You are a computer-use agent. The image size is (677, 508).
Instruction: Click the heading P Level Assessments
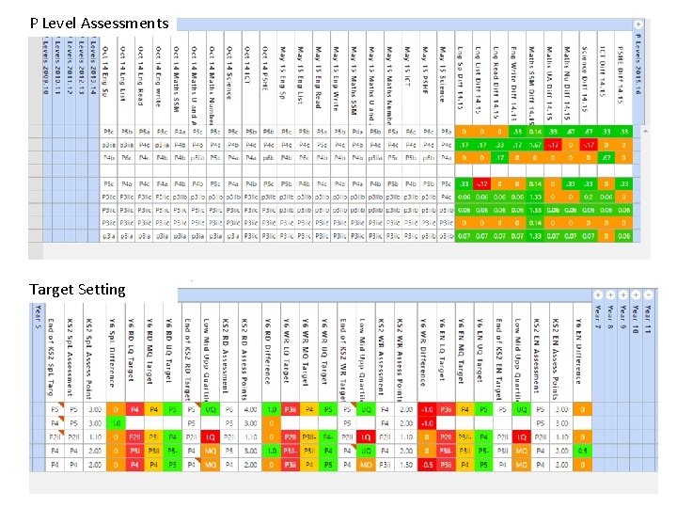pyautogui.click(x=100, y=23)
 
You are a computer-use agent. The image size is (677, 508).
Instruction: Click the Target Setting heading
pyautogui.click(x=77, y=290)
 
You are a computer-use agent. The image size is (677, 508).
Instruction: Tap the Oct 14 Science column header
pyautogui.click(x=228, y=75)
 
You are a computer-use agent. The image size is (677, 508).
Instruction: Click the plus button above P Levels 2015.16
pyautogui.click(x=638, y=24)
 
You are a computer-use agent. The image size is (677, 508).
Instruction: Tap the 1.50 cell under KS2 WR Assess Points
pyautogui.click(x=405, y=464)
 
